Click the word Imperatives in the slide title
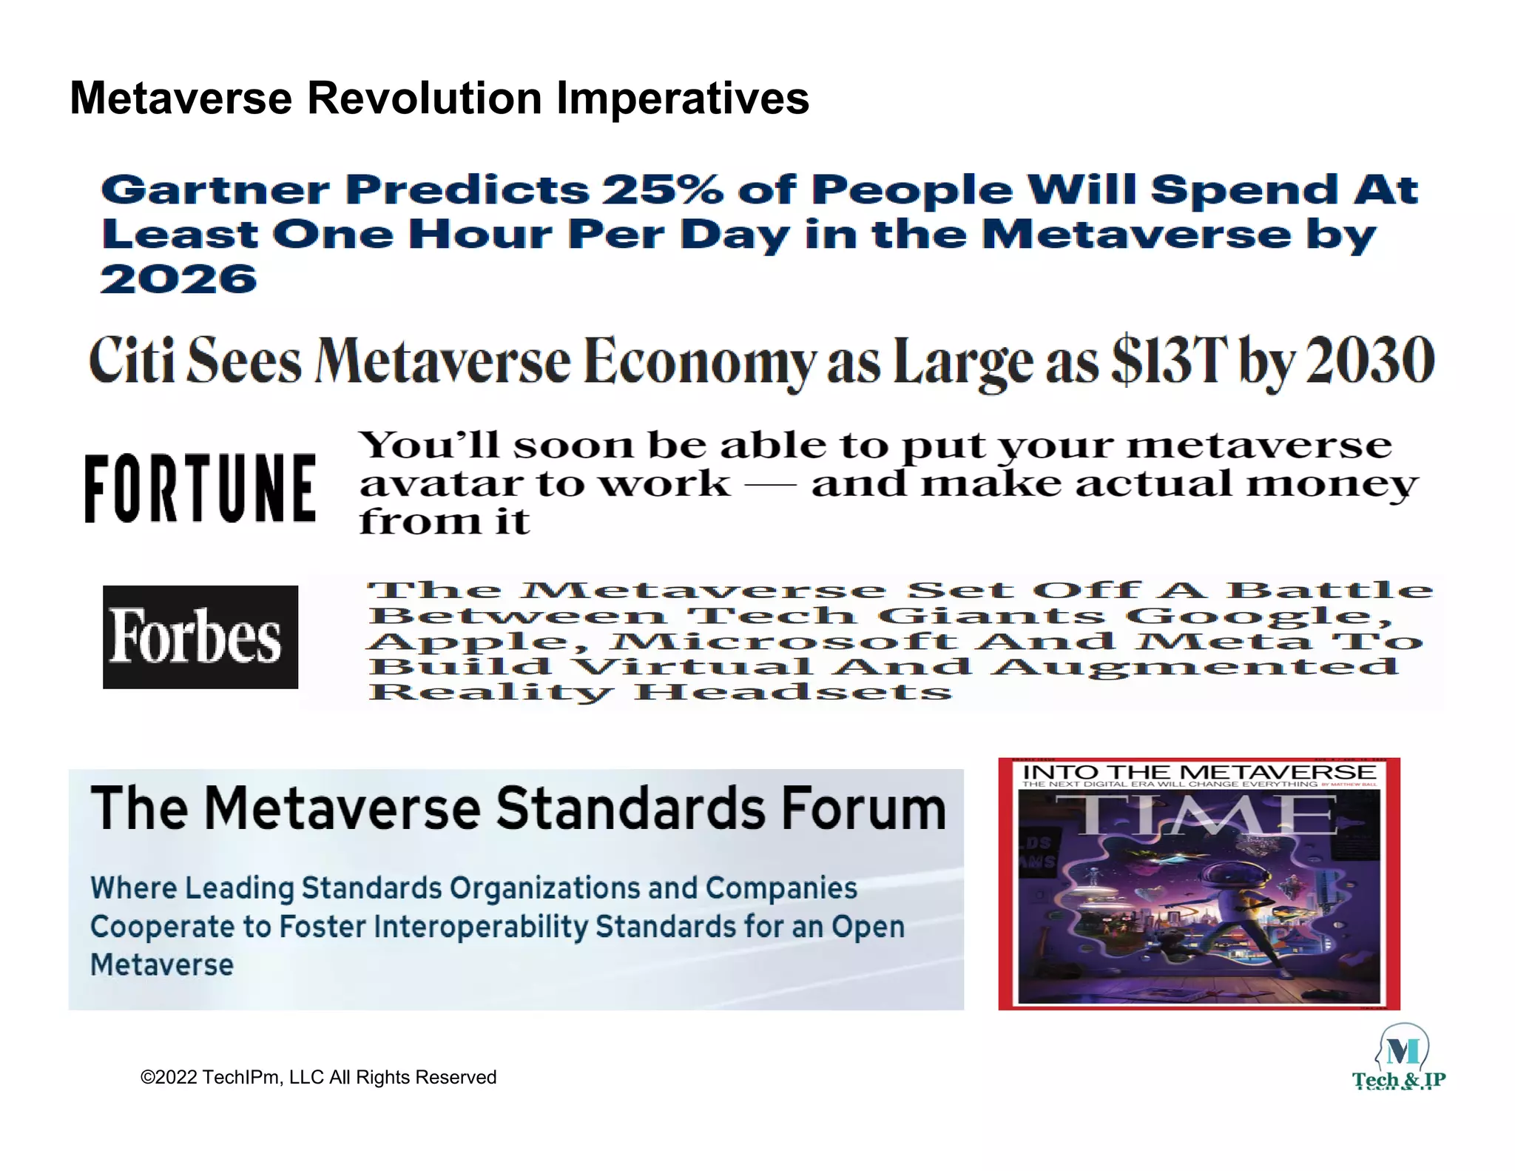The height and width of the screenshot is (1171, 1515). click(682, 98)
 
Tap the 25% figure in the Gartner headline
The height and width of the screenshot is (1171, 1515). click(662, 190)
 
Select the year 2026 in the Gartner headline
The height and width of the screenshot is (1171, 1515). click(178, 280)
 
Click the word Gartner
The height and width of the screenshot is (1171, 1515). click(215, 190)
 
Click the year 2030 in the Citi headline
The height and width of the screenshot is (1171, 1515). click(1370, 360)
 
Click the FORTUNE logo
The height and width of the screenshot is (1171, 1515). click(200, 489)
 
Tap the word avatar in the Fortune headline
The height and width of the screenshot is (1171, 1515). click(441, 485)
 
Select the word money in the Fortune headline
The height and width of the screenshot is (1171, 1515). click(1332, 485)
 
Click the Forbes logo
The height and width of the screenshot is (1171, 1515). click(200, 637)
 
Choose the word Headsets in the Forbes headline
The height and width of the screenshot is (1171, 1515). click(793, 693)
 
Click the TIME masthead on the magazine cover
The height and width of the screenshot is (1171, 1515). click(1196, 816)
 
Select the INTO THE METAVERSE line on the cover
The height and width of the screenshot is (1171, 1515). click(1198, 773)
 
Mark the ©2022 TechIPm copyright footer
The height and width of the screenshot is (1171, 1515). click(318, 1077)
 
